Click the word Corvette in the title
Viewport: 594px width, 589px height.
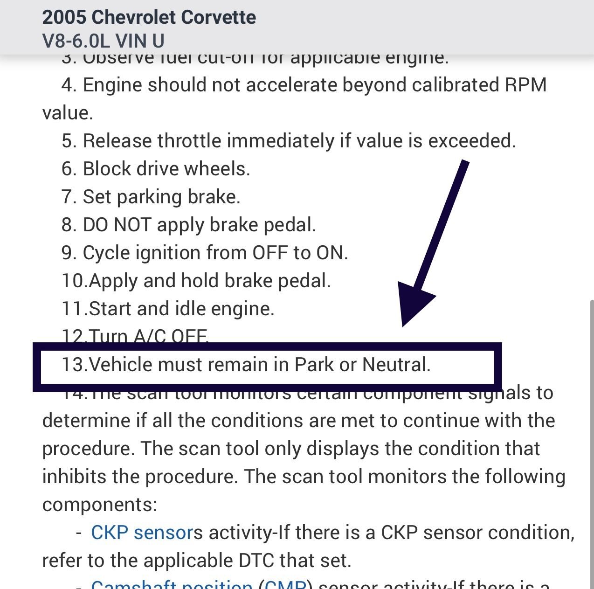coord(218,17)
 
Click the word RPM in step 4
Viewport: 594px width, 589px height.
coord(525,85)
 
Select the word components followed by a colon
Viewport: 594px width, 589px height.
coord(99,505)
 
